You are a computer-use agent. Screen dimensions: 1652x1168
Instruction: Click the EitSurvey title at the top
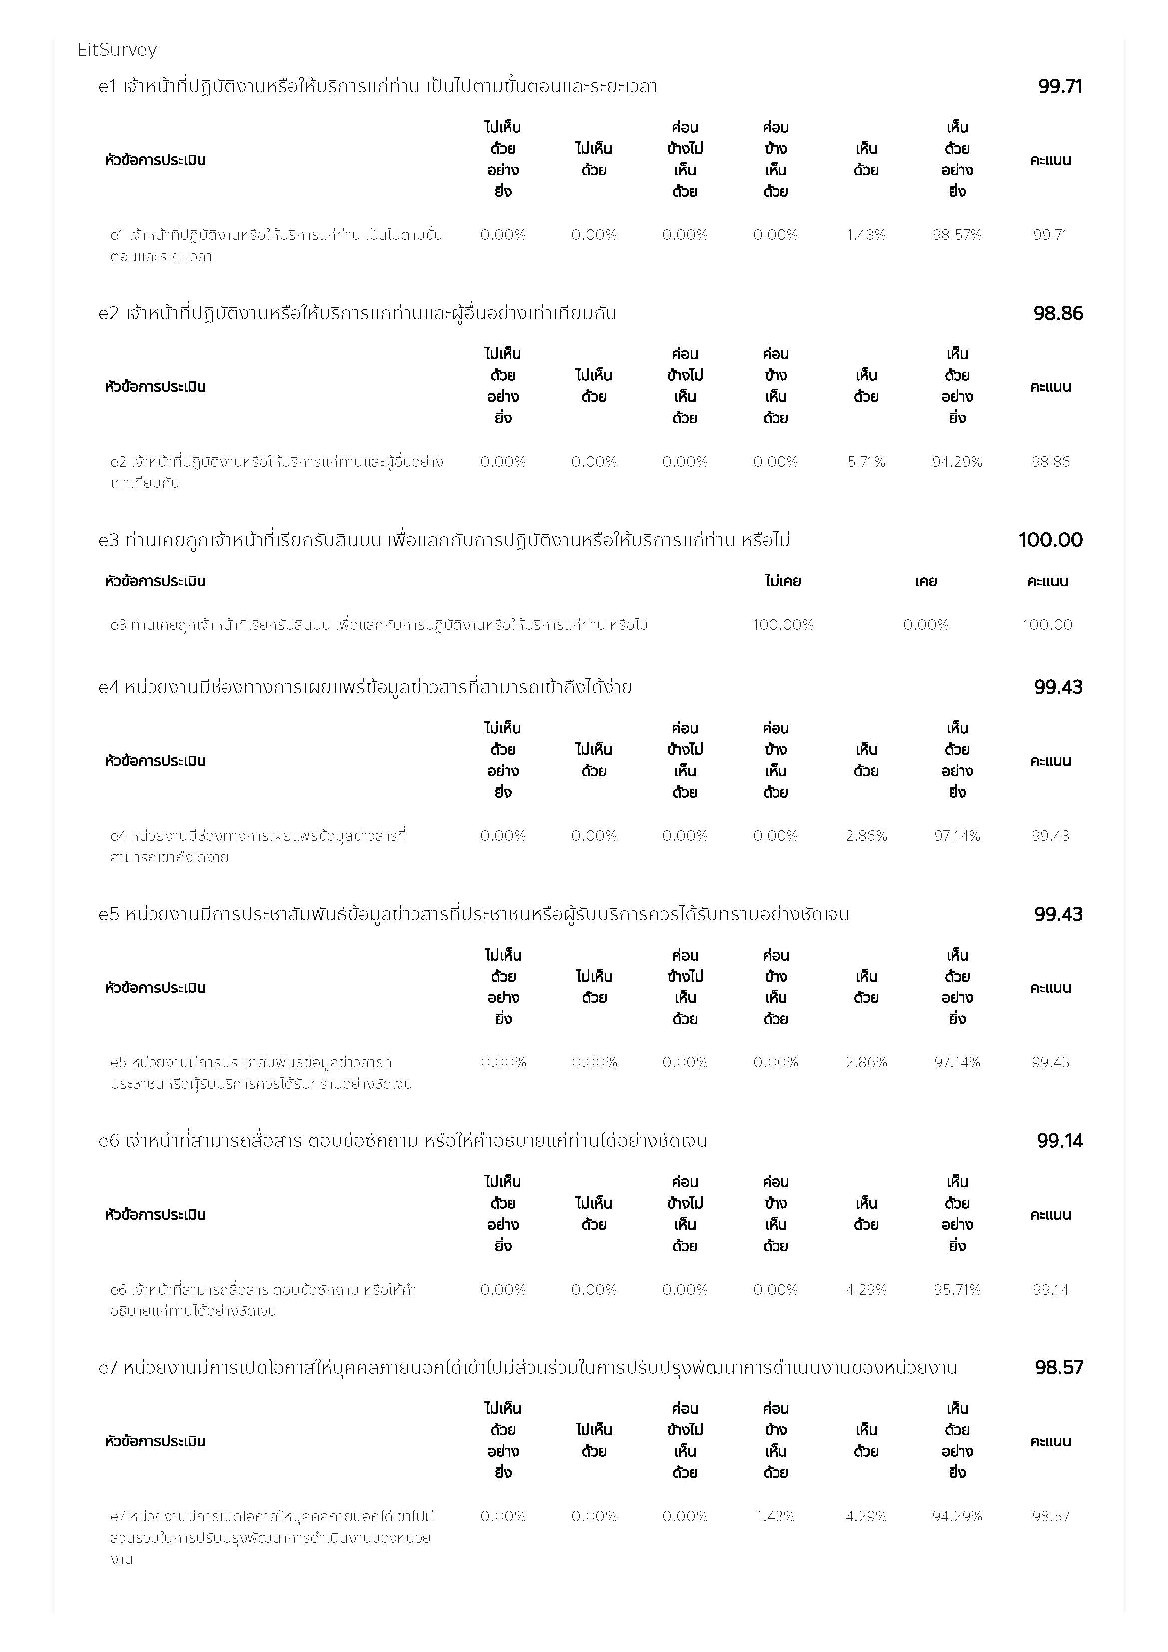[116, 49]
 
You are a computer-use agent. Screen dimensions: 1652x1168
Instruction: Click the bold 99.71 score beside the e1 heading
[1059, 86]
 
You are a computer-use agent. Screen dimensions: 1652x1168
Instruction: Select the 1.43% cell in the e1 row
[866, 235]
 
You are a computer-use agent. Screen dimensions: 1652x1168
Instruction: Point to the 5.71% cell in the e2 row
[866, 462]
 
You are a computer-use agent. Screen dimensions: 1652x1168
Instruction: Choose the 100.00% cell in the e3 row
[783, 625]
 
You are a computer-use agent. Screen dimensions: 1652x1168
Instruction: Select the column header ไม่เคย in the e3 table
[783, 581]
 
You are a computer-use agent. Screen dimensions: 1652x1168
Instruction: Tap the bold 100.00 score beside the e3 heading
[1050, 540]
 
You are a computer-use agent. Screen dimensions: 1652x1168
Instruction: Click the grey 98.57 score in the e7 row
[1050, 1516]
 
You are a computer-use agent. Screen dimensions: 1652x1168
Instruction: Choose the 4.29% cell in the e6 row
[866, 1290]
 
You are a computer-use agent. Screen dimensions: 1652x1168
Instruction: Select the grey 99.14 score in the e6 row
[1050, 1290]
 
